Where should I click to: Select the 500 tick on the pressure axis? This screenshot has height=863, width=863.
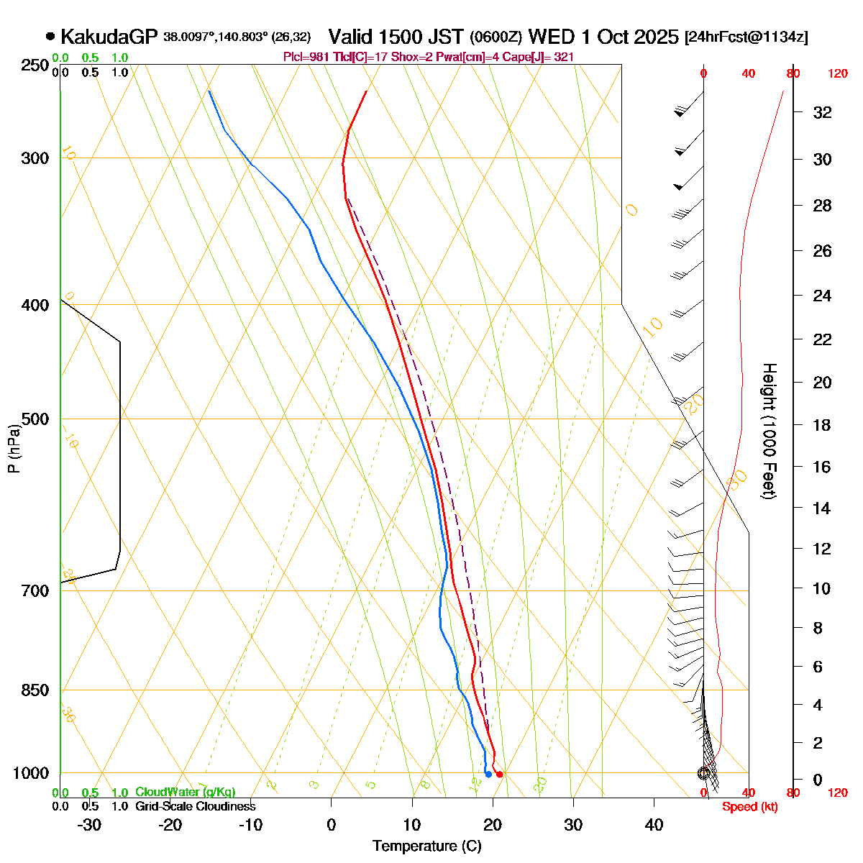[x=36, y=419]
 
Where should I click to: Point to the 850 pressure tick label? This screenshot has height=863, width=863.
[x=36, y=690]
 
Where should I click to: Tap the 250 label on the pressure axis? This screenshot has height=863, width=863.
[x=36, y=65]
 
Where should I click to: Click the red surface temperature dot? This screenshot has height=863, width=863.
[x=500, y=774]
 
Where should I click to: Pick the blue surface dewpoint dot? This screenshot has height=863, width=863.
[x=488, y=774]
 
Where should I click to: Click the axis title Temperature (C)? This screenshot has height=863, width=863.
[x=427, y=846]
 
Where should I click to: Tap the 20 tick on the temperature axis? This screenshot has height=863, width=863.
[x=493, y=824]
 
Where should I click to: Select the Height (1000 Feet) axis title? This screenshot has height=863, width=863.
[x=769, y=431]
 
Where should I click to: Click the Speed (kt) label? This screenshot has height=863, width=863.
[x=750, y=807]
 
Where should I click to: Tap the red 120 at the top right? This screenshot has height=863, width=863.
[x=838, y=73]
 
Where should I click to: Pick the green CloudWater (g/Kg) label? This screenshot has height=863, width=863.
[x=185, y=792]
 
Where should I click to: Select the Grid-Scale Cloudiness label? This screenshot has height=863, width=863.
[x=195, y=806]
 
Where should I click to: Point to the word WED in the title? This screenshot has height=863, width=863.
[x=549, y=36]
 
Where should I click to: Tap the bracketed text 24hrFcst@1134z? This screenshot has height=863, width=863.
[x=746, y=37]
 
